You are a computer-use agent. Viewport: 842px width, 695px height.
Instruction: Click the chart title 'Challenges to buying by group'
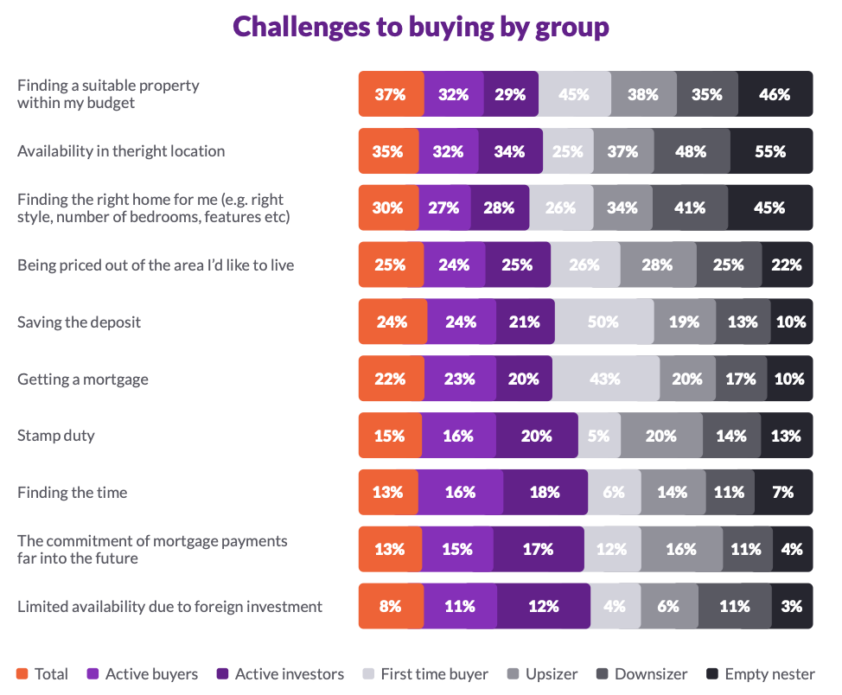tap(421, 27)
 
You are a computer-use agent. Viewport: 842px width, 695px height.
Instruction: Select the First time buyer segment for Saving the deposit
tap(603, 322)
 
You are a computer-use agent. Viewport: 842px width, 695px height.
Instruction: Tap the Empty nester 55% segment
tap(770, 151)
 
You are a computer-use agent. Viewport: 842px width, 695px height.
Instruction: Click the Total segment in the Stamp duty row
tap(390, 436)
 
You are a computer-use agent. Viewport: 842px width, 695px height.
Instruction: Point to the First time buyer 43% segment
tap(605, 379)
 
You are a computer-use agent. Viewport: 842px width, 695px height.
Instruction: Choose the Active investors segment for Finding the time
tap(545, 493)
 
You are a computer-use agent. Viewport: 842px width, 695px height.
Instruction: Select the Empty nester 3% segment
tap(791, 607)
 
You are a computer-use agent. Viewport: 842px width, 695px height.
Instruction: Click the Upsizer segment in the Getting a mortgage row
tap(687, 379)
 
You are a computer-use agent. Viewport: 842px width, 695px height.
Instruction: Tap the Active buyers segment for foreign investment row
tap(460, 607)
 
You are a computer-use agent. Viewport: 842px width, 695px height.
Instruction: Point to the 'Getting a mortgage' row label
tap(83, 379)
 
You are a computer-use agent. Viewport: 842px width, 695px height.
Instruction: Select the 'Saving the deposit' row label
tap(79, 322)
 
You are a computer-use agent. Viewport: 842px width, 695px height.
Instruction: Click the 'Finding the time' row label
tap(73, 493)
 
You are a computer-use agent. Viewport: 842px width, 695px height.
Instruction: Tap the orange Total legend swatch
tap(22, 674)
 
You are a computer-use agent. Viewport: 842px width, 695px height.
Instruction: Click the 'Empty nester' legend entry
tap(760, 674)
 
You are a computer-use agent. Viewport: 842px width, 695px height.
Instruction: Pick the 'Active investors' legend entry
tap(280, 674)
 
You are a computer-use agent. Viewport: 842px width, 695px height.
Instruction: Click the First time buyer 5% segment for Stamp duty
tap(598, 436)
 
